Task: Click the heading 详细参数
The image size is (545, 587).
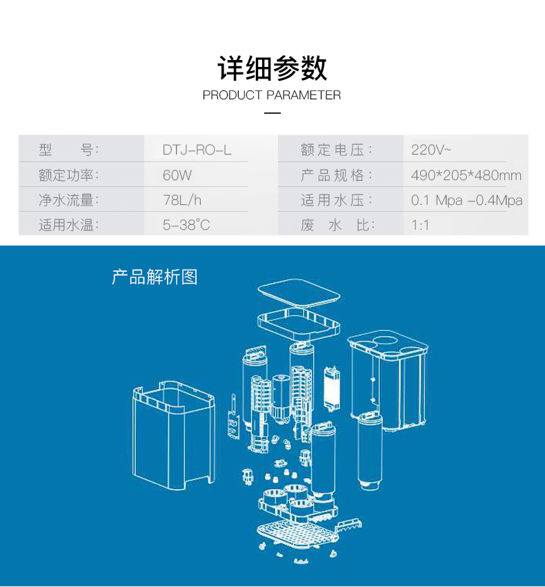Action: tap(272, 68)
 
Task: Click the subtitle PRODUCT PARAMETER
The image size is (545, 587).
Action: tap(272, 95)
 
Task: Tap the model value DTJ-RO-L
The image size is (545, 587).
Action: tap(197, 150)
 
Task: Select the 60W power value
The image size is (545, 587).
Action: tap(177, 175)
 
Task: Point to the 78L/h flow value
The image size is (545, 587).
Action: tap(182, 200)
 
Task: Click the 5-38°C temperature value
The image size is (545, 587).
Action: tap(186, 225)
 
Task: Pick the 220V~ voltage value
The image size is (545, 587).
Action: tap(431, 150)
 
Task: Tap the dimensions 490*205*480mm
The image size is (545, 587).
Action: tap(466, 175)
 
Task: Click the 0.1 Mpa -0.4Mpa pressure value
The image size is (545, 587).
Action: tap(466, 200)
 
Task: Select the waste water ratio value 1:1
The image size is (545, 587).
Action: tap(420, 225)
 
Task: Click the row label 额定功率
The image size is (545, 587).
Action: tap(69, 175)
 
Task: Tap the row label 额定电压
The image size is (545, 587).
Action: tap(336, 150)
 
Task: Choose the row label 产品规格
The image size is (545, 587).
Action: tap(336, 175)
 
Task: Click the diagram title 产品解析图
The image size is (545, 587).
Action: tap(155, 277)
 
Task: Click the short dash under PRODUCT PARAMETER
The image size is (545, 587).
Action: tap(272, 112)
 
